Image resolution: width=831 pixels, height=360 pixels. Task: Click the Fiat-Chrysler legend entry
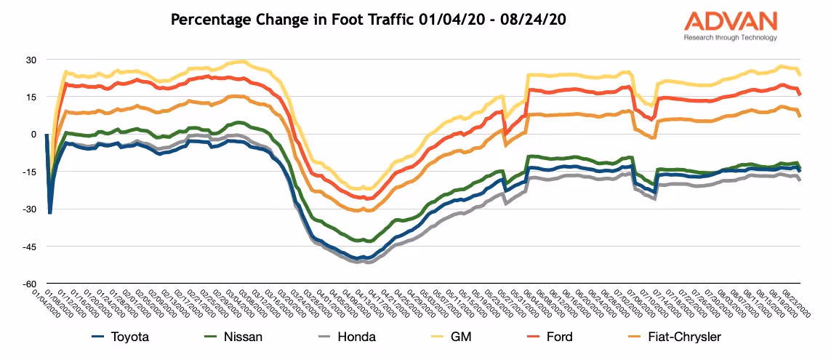675,337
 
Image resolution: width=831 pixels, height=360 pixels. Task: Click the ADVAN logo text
730,20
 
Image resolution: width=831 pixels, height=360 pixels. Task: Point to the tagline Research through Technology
730,38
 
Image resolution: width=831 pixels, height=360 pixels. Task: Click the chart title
369,20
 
